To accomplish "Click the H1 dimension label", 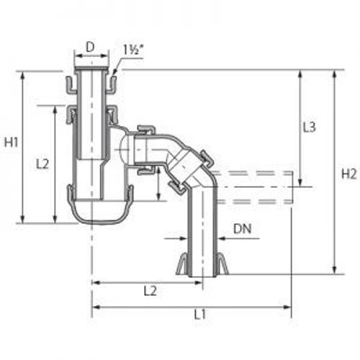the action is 12,143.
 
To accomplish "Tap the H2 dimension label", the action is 349,174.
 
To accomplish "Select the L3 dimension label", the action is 309,127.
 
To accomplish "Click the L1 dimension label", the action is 199,315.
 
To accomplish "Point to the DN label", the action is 243,229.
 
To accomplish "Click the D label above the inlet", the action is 90,48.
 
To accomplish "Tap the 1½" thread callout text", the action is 132,50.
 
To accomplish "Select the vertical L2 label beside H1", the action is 42,164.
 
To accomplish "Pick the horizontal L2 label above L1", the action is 150,291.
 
